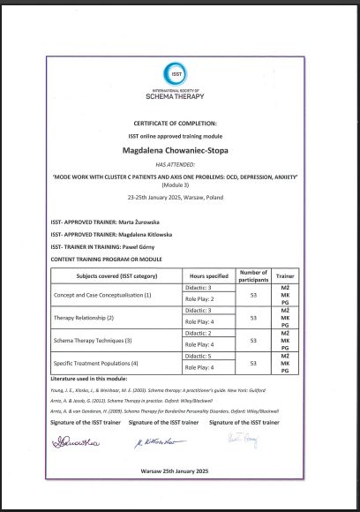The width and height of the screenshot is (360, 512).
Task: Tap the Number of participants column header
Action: pos(253,276)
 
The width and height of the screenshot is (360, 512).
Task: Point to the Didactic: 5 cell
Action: pos(205,357)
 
